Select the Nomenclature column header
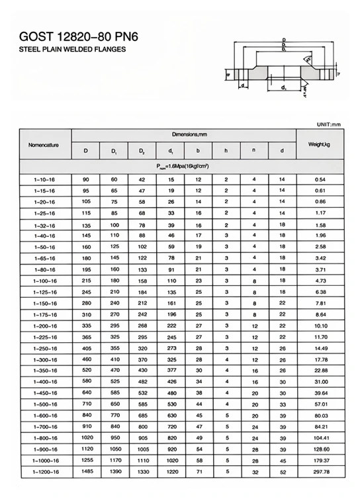point(44,144)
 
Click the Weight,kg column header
point(320,144)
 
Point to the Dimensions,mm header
point(183,134)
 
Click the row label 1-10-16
point(44,180)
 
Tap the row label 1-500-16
point(44,404)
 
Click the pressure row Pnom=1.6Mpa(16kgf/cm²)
point(183,165)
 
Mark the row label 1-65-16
point(44,257)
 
